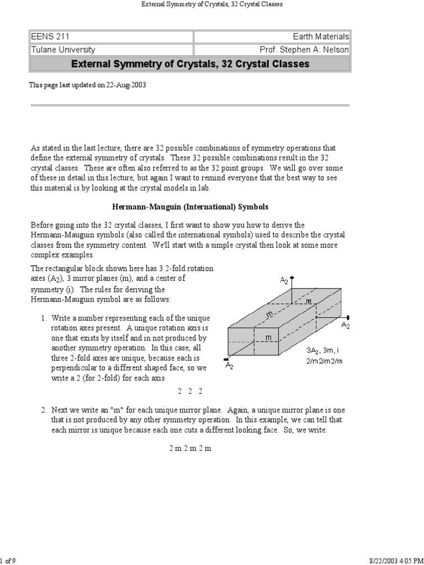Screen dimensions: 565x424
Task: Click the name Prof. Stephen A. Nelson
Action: [x=304, y=49]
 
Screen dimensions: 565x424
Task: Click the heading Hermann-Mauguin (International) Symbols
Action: [x=190, y=207]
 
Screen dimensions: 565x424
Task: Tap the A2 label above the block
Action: [x=284, y=281]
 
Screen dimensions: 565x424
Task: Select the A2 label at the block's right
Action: [x=346, y=326]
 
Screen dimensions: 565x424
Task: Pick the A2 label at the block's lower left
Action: [x=229, y=366]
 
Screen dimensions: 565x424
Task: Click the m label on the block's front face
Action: [x=268, y=337]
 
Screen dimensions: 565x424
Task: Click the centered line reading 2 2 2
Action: [x=190, y=391]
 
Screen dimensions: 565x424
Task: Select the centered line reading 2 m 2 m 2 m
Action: [x=190, y=449]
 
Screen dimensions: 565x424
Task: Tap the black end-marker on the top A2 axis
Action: [x=292, y=278]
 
